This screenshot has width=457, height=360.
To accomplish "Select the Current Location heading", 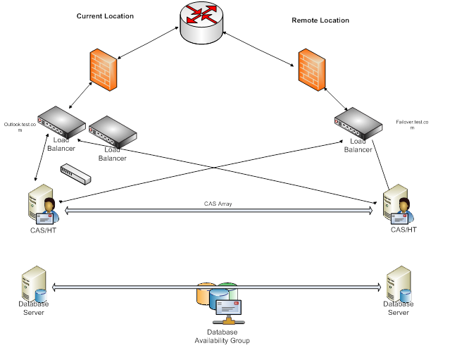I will (x=105, y=15).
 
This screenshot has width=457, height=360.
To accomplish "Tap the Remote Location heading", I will (x=320, y=20).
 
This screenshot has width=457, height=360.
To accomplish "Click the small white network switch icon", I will (x=76, y=174).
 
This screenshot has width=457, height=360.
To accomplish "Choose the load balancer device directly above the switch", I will (x=113, y=132).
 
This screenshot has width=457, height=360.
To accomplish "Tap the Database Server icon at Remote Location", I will (x=399, y=285).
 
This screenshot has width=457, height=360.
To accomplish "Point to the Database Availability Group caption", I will (x=222, y=336).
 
